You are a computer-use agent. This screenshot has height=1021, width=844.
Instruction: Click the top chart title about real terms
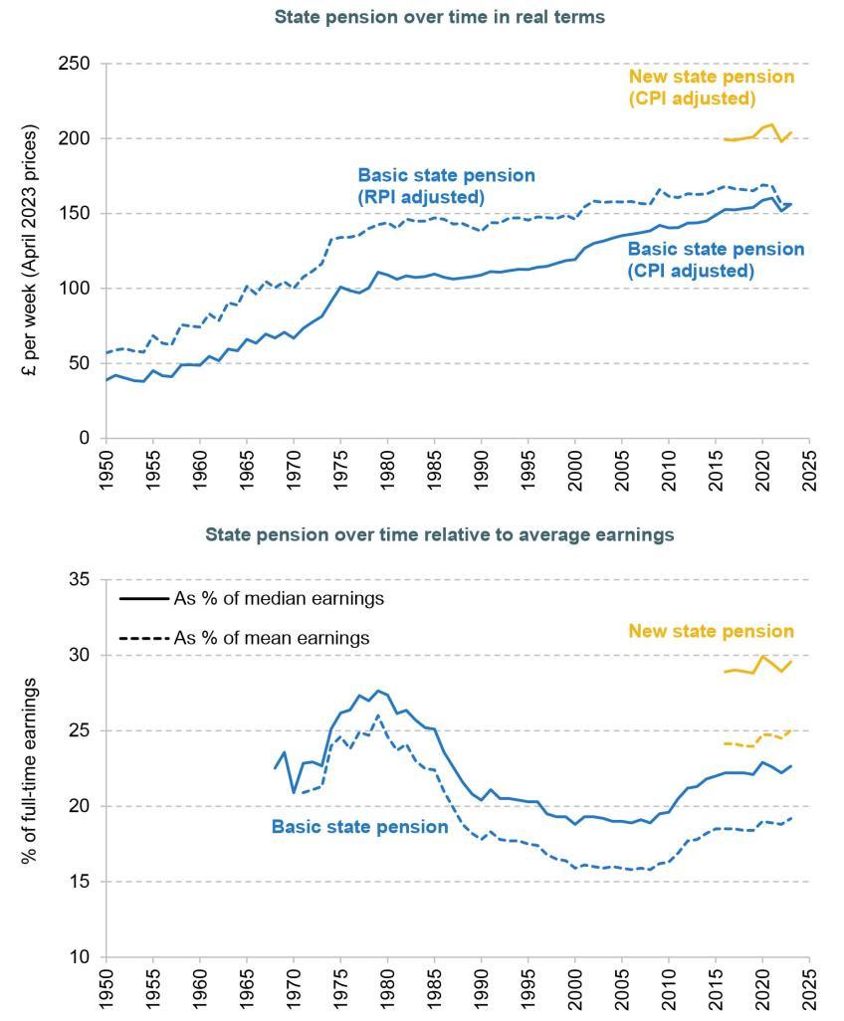(440, 17)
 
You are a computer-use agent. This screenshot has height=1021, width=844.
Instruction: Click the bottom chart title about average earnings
(440, 534)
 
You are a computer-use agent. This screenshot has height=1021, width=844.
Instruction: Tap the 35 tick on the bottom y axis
(83, 580)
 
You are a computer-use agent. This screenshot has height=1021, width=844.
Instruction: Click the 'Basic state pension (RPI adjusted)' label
(446, 186)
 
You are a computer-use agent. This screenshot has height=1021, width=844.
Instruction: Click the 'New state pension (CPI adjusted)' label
(712, 87)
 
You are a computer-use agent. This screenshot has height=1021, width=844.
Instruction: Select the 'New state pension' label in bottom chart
(711, 631)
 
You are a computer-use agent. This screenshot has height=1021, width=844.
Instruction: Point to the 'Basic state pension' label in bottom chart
(359, 826)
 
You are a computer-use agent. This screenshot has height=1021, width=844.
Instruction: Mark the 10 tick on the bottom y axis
(83, 957)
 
